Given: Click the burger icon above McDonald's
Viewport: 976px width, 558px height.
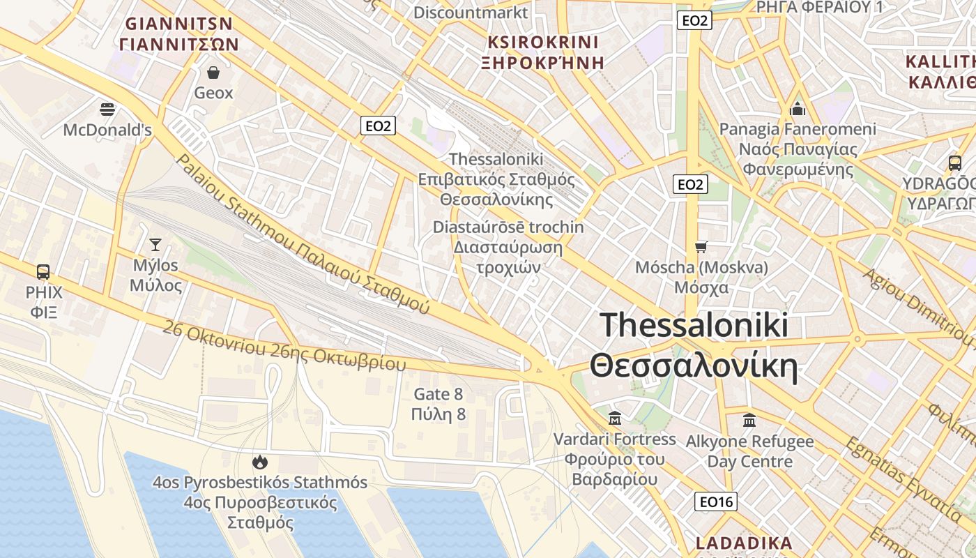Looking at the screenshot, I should [107, 109].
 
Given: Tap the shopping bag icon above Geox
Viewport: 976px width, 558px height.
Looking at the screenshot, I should [213, 72].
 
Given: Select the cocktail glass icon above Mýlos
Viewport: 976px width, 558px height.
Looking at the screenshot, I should [155, 244].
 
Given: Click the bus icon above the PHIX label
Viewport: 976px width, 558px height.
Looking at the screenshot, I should [43, 272].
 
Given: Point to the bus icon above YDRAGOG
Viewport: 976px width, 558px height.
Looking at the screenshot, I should [955, 163].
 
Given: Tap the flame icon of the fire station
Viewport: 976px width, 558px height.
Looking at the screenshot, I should [260, 462].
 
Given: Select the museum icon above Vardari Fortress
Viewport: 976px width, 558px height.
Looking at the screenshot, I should [615, 418].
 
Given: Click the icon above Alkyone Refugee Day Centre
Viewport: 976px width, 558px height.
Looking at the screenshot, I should [749, 421].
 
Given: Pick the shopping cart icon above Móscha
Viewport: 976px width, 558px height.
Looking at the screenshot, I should [701, 247].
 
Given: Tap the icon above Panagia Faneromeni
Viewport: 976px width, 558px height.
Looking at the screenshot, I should [798, 109].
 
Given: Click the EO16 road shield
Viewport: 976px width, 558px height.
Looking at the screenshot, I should [716, 501].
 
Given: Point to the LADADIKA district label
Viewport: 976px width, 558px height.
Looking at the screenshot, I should [744, 543].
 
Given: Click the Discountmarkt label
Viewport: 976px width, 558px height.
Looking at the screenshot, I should [471, 13].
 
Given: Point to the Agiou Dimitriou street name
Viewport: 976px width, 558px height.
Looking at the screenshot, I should [917, 307].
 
